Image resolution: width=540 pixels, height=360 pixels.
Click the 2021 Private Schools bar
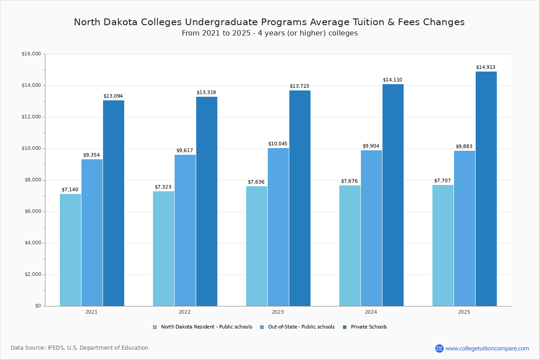pos(113,203)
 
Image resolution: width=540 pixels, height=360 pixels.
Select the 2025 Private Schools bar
pos(486,189)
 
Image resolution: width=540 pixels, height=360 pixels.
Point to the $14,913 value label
pos(486,67)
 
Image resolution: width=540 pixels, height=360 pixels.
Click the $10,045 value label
pos(278,144)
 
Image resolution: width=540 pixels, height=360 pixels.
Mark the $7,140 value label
pos(70,190)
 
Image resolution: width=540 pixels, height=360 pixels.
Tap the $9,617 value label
pos(184,151)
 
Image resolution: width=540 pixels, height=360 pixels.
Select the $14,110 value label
pos(392,80)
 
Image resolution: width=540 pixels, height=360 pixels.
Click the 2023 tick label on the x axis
pos(278,312)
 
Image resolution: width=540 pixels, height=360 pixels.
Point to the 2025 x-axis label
pos(464,312)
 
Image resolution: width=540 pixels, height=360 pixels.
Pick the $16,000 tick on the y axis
pos(31,54)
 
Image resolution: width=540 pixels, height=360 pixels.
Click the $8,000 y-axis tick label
pos(32,180)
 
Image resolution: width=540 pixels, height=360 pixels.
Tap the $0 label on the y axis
pos(37,306)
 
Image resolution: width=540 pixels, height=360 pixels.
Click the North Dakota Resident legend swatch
pos(155,327)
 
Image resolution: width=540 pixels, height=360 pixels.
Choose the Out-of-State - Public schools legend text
pos(301,327)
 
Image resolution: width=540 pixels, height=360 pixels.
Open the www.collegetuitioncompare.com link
pos(487,348)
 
